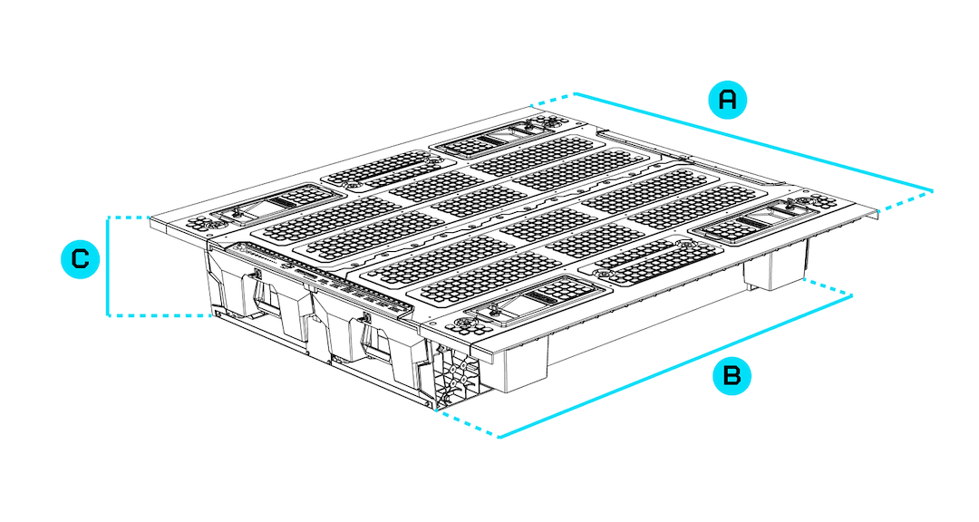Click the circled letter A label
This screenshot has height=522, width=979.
(x=727, y=100)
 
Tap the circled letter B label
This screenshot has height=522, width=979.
(x=732, y=376)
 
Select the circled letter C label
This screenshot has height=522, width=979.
(x=80, y=260)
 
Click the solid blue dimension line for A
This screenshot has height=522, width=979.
(x=752, y=141)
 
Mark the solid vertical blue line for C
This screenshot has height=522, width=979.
(x=108, y=266)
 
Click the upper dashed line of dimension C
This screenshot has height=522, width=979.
(x=128, y=217)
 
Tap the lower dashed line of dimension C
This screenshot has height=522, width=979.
(x=159, y=315)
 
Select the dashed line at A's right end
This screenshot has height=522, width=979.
(x=905, y=201)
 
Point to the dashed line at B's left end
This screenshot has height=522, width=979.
(x=467, y=424)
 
